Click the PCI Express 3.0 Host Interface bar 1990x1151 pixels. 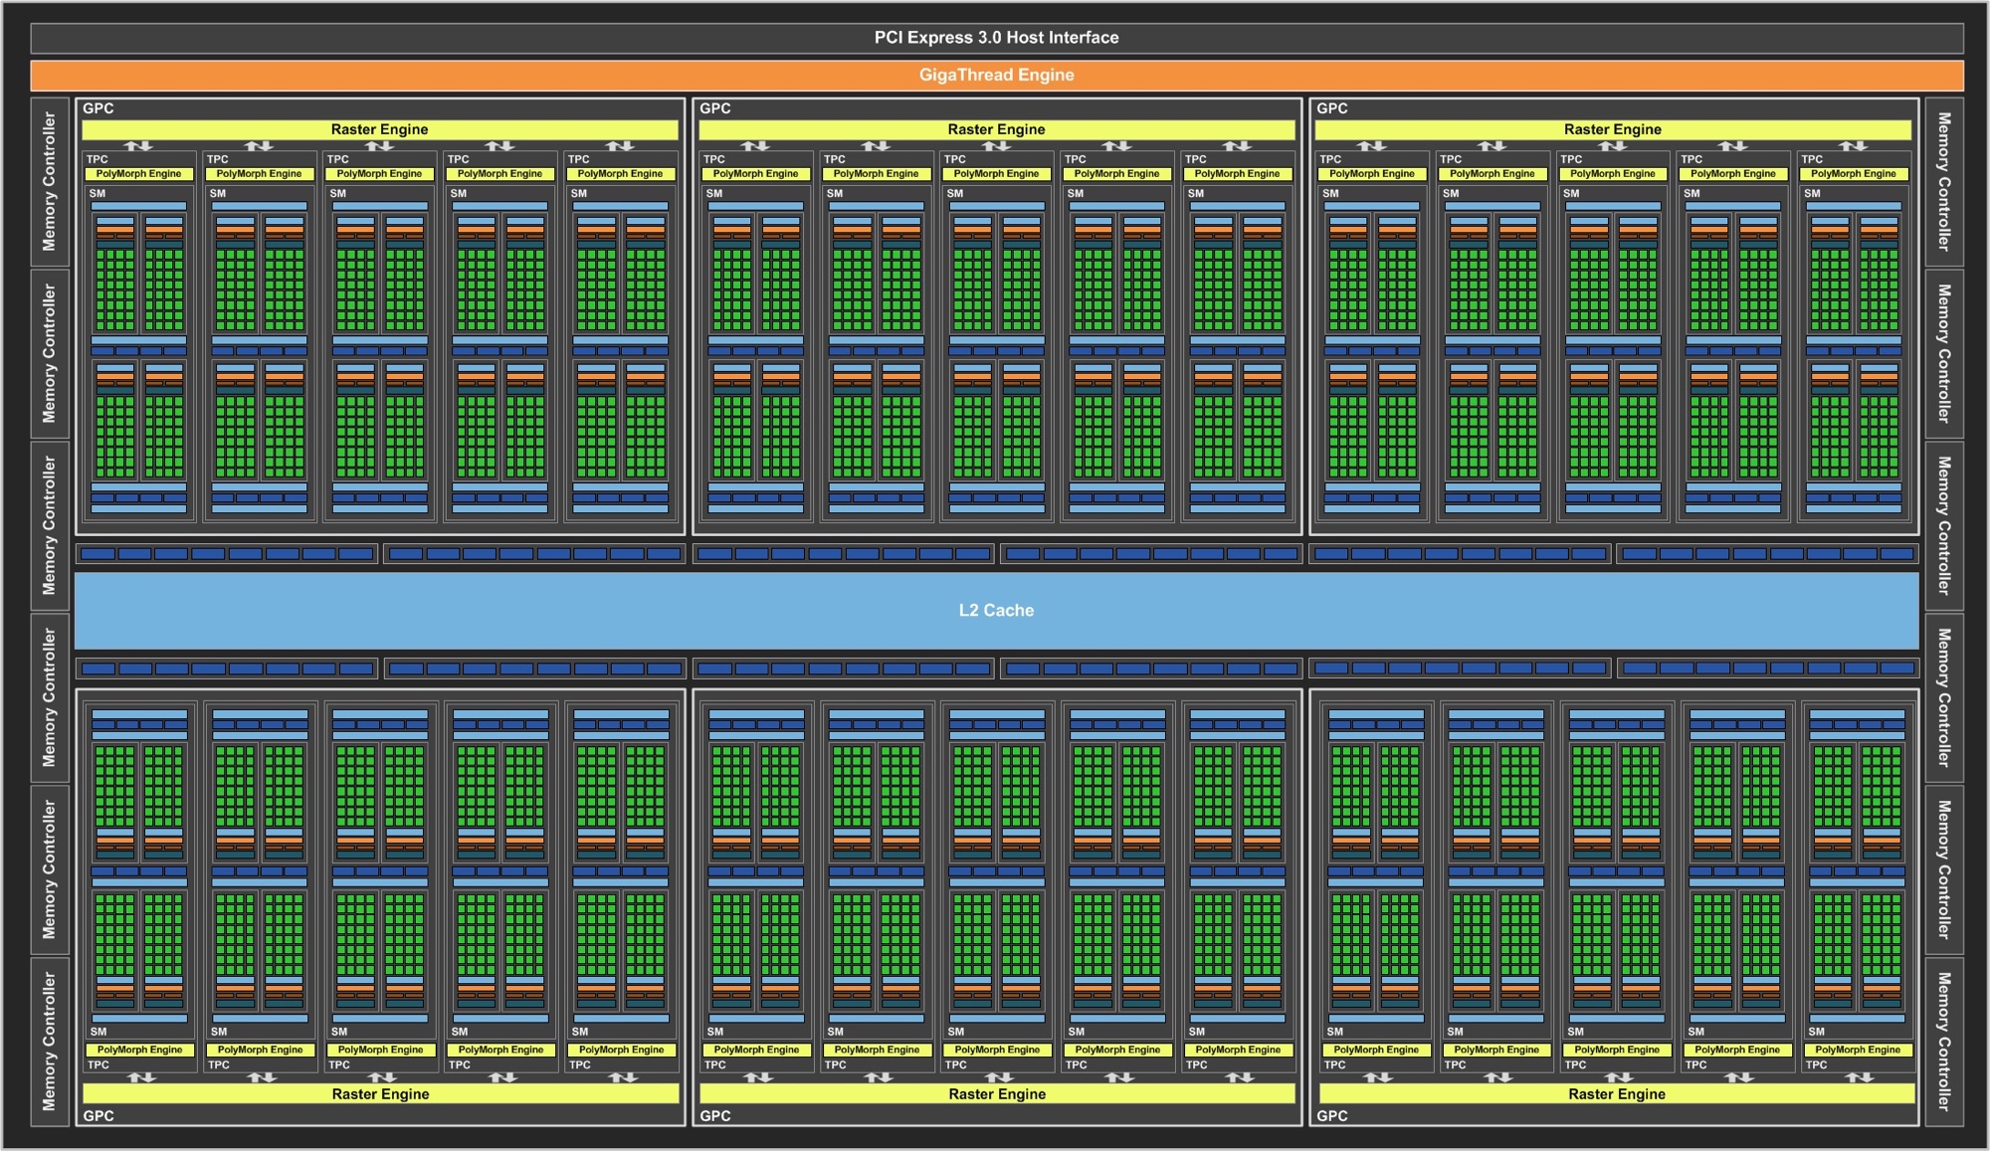click(x=997, y=38)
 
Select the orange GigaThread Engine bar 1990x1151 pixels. click(x=997, y=75)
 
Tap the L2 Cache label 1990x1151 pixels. click(x=996, y=610)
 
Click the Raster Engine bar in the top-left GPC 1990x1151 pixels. click(x=380, y=129)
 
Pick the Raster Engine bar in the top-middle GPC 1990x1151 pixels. click(x=997, y=129)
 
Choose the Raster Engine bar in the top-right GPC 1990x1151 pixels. click(x=1613, y=129)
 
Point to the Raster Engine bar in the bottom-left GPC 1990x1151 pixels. click(x=381, y=1094)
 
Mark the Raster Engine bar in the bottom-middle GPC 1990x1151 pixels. click(x=998, y=1094)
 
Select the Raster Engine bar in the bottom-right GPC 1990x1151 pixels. click(x=1617, y=1094)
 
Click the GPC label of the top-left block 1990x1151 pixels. click(x=99, y=108)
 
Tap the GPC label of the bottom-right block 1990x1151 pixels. click(x=1332, y=1116)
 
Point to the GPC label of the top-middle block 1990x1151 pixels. click(x=715, y=108)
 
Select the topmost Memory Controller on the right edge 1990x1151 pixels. click(x=1944, y=181)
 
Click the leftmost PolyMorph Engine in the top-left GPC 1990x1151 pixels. click(x=139, y=174)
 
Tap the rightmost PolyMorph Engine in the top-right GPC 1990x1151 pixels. click(x=1854, y=174)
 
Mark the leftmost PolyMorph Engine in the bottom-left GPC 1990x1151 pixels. click(x=140, y=1050)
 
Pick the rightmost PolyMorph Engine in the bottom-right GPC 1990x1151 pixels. click(x=1858, y=1050)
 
